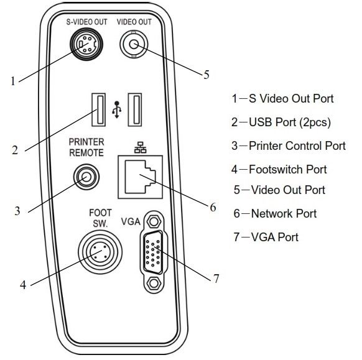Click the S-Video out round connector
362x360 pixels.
86,44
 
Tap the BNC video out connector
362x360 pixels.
134,44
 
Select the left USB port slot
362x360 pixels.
99,110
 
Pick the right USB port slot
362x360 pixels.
135,110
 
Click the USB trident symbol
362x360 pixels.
117,110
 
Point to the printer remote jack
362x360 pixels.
86,177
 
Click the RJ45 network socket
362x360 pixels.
141,177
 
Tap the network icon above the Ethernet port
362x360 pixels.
141,147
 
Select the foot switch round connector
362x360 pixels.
100,252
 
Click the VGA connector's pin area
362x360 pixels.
153,252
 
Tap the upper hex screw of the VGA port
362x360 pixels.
154,221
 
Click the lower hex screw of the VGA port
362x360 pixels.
154,283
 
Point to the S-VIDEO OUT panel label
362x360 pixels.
87,22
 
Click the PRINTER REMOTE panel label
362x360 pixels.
86,147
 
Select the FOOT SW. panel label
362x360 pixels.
100,218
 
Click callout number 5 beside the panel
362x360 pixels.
207,75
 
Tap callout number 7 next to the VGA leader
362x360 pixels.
216,279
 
